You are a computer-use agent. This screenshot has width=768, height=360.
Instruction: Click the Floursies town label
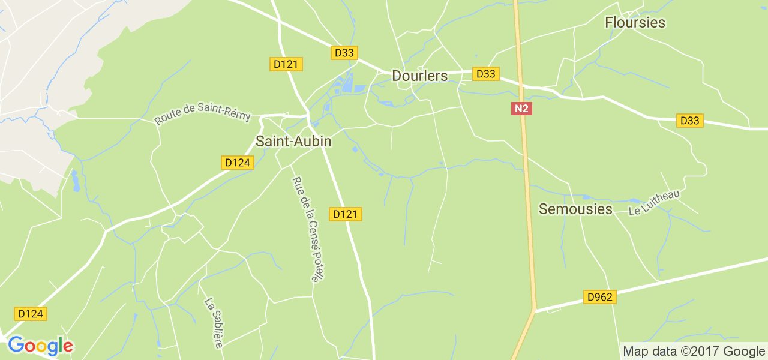click(635, 23)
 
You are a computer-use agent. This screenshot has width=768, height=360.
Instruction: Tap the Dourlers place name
click(420, 76)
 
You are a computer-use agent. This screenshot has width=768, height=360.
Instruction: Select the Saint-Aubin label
click(293, 142)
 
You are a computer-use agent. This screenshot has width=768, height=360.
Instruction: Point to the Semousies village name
click(575, 209)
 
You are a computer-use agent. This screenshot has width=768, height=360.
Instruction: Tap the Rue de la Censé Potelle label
click(307, 229)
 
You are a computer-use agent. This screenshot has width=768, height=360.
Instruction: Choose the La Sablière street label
click(214, 323)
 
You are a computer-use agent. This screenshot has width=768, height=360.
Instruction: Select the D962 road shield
click(599, 297)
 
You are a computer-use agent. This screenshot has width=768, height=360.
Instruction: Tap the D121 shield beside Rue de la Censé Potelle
click(346, 214)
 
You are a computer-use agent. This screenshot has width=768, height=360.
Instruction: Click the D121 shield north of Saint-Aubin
click(286, 64)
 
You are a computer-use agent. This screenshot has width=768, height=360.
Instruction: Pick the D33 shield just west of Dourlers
click(344, 53)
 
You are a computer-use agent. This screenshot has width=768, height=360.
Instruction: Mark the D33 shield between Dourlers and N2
click(485, 74)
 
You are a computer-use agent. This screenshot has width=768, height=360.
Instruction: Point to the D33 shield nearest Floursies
click(690, 121)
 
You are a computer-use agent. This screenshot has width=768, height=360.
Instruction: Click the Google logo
click(40, 346)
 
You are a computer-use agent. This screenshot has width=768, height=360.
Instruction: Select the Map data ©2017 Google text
click(693, 351)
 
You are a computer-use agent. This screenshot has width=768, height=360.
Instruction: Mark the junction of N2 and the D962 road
click(534, 311)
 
